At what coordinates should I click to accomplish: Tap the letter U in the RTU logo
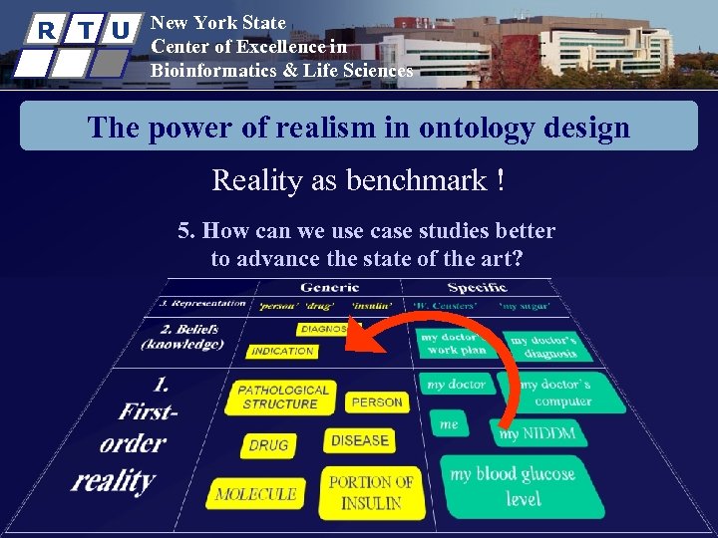[120, 30]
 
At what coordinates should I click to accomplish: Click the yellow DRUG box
[268, 445]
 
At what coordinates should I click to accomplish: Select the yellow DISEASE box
[359, 440]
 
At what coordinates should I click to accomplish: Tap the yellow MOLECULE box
[255, 493]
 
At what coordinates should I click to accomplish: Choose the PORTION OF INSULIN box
[371, 492]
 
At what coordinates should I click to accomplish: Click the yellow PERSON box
[377, 403]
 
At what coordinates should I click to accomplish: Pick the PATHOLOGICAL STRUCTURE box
[284, 397]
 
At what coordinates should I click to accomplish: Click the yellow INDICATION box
[282, 351]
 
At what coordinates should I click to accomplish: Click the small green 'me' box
[450, 424]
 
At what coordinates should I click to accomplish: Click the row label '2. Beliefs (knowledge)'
[182, 337]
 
